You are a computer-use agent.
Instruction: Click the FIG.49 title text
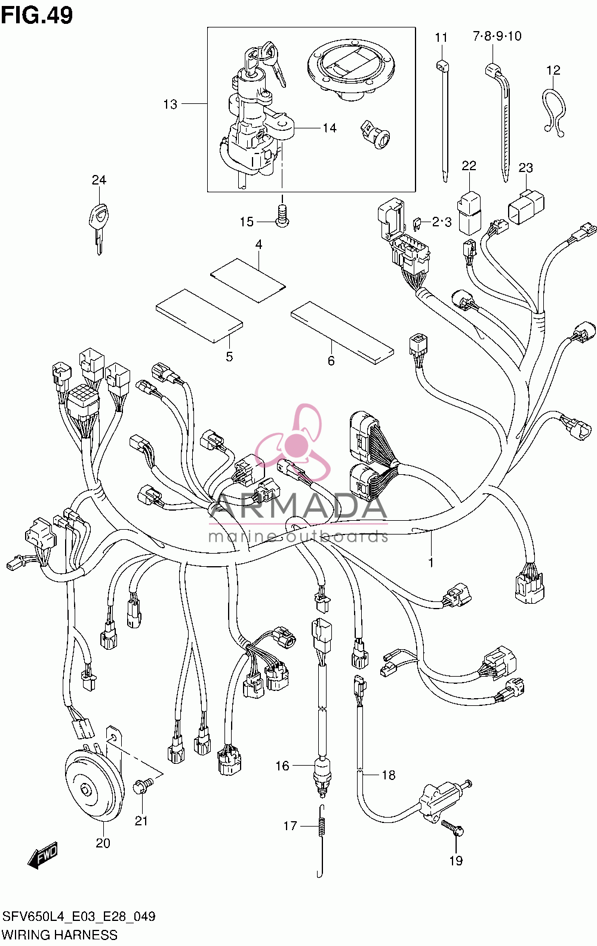click(37, 15)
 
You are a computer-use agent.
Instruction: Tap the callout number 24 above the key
click(99, 180)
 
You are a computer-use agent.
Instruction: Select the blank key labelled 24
click(99, 228)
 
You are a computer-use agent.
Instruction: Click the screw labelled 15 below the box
click(282, 216)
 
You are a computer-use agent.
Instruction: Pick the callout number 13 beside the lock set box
click(170, 105)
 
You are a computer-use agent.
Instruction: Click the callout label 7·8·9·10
click(497, 36)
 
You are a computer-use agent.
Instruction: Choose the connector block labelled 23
click(525, 205)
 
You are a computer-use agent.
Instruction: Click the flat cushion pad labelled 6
click(342, 333)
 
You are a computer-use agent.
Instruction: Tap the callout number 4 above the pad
click(259, 244)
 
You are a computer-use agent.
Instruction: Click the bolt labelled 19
click(453, 833)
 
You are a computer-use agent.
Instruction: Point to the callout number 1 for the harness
click(430, 563)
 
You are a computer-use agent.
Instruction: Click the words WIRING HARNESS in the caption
click(60, 935)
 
